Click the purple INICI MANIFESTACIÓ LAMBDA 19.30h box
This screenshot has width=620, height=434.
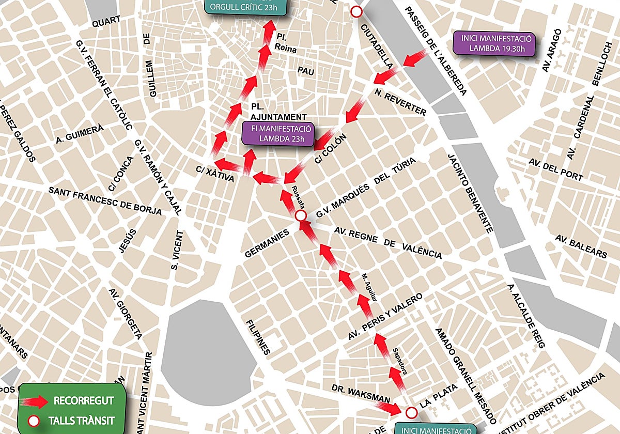[x=494, y=44]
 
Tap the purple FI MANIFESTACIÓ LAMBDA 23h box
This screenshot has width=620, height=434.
[x=278, y=133]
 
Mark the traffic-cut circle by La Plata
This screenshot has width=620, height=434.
[x=411, y=412]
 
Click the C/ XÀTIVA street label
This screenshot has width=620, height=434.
[x=215, y=174]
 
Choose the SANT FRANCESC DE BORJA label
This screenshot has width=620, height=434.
[x=105, y=200]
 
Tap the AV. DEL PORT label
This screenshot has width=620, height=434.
[x=555, y=169]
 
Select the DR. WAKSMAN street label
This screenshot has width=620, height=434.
[x=353, y=393]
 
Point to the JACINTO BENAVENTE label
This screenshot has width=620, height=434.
[x=470, y=193]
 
